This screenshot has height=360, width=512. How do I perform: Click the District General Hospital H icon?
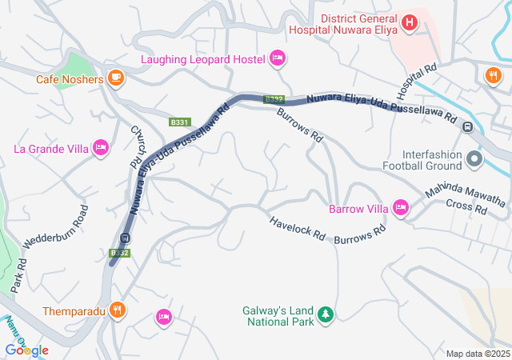tap(410, 22)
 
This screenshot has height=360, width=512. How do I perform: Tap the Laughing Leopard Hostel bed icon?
tap(278, 58)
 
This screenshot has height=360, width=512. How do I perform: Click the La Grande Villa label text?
tap(49, 148)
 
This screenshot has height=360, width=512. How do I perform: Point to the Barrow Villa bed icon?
tap(400, 209)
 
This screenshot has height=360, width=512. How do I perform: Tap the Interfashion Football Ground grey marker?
tap(474, 158)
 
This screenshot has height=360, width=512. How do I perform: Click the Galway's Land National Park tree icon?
tap(325, 314)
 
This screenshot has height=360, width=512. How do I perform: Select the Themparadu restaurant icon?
tap(118, 310)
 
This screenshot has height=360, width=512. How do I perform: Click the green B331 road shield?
tap(179, 122)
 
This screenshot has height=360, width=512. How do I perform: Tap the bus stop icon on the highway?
tap(124, 238)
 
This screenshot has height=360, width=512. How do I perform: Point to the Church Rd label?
tap(137, 145)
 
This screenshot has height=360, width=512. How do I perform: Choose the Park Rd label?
tap(18, 273)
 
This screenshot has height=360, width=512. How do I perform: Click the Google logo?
tap(27, 350)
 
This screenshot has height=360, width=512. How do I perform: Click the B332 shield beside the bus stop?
tap(119, 253)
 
